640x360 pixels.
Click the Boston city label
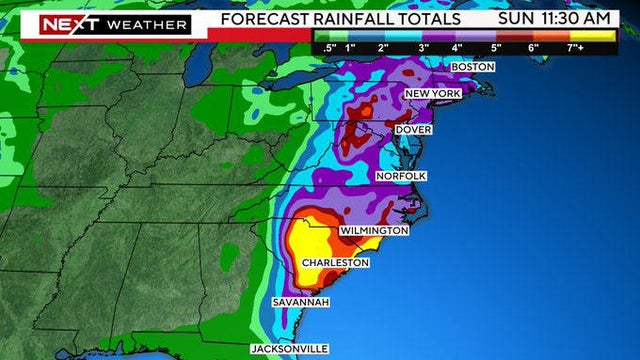[x=474, y=66]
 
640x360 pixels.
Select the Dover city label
[x=413, y=130]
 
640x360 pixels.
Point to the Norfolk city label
[x=401, y=176]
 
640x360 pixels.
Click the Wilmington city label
[x=374, y=230]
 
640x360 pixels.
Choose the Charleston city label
[x=336, y=263]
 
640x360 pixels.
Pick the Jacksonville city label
[x=288, y=348]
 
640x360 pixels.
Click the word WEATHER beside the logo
[x=147, y=23]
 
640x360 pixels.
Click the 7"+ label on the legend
[x=577, y=46]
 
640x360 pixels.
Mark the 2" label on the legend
[x=383, y=46]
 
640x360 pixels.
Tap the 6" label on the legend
[x=533, y=46]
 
